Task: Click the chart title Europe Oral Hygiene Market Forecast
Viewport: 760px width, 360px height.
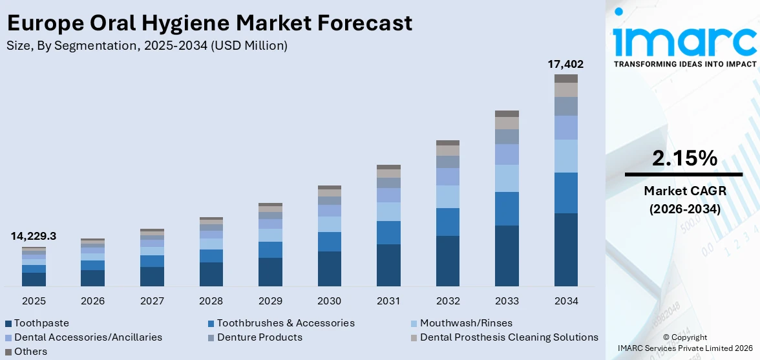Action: coord(209,23)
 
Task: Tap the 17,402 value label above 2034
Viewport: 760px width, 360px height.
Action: coord(565,64)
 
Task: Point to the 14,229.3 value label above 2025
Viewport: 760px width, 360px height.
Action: coord(34,237)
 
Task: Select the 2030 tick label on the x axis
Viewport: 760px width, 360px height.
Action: coord(330,301)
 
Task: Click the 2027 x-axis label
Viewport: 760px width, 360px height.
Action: coord(152,301)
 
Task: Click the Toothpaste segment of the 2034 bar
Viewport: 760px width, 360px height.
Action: coord(565,249)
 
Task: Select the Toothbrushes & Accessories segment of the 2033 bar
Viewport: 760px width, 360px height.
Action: coord(507,208)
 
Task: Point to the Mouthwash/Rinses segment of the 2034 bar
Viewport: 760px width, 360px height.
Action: coord(565,156)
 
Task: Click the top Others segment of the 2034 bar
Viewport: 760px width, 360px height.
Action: coord(565,78)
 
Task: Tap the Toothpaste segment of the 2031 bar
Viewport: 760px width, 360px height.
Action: coord(388,265)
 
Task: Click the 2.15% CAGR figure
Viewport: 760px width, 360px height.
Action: coord(684,158)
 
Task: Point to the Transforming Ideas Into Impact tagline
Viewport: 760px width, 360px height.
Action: coord(684,64)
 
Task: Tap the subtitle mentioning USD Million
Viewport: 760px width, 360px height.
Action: coord(147,45)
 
